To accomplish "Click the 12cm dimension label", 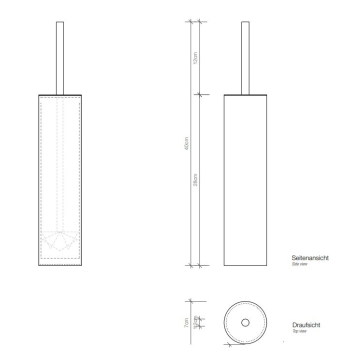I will [196, 58].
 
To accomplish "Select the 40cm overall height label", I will [186, 143].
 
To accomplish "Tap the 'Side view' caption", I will [299, 263].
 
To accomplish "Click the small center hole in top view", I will [245, 322].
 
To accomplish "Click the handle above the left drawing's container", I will [59, 57].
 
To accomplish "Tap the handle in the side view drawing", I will [245, 57].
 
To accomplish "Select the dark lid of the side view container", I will [245, 94].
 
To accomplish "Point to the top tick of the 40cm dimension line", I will [190, 21].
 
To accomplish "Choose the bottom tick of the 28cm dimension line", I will [199, 265].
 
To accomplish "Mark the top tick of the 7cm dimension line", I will [190, 300].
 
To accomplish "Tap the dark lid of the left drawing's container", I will [59, 94].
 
